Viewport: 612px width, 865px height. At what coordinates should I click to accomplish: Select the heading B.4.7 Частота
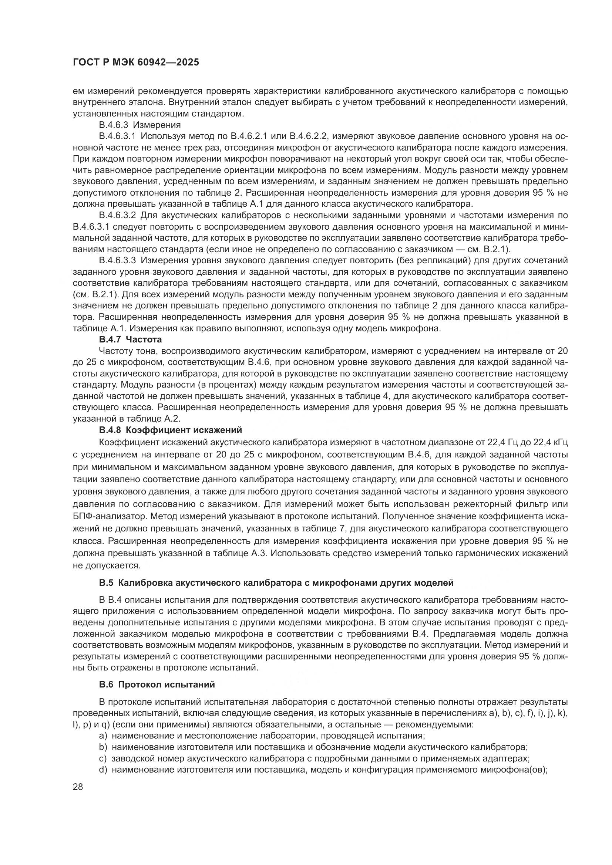pyautogui.click(x=130, y=339)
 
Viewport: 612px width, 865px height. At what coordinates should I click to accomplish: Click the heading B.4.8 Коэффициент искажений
pyautogui.click(x=170, y=430)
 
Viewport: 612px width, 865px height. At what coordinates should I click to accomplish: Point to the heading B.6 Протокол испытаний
pyautogui.click(x=157, y=685)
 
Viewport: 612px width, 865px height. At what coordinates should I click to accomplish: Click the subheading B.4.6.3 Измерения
pyautogui.click(x=140, y=125)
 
